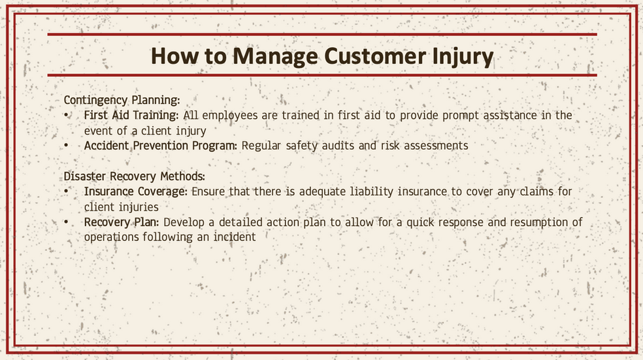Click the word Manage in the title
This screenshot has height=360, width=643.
(274, 57)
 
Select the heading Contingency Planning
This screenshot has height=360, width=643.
(122, 101)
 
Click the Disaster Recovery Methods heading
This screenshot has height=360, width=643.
(134, 176)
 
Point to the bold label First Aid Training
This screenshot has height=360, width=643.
(131, 116)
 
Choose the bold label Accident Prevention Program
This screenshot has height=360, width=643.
(160, 146)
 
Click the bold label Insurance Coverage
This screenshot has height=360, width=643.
(136, 192)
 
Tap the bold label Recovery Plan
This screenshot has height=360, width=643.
(122, 222)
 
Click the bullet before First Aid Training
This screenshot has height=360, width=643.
(67, 116)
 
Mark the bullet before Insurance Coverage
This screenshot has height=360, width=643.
(67, 191)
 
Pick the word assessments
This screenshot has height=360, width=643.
(436, 146)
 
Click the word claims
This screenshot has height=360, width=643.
(536, 191)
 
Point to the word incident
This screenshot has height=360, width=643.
(234, 237)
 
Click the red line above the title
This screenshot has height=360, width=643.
(322, 35)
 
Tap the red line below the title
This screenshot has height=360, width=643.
(322, 75)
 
